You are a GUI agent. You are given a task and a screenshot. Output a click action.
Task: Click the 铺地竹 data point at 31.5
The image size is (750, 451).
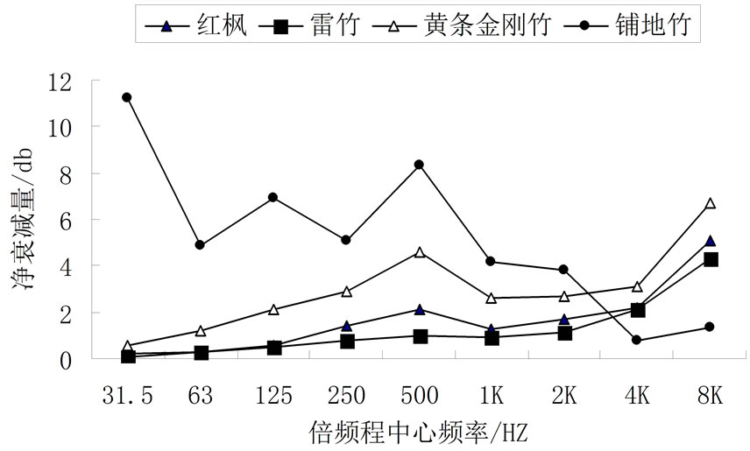[127, 97]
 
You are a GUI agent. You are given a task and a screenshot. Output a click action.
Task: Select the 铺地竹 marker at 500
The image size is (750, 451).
[419, 165]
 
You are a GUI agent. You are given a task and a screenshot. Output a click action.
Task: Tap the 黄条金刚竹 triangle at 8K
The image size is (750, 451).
[711, 203]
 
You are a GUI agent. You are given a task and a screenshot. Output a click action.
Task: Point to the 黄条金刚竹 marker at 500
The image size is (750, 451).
[419, 252]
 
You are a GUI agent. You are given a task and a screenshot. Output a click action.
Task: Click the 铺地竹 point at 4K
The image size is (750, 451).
[636, 340]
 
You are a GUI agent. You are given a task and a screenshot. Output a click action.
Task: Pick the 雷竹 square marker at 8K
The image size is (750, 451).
[711, 259]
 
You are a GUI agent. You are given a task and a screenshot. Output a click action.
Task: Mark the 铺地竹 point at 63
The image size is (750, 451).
[201, 244]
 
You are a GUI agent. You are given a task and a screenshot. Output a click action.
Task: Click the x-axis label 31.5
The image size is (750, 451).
[128, 395]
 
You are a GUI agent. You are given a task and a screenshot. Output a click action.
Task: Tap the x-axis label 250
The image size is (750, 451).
[346, 395]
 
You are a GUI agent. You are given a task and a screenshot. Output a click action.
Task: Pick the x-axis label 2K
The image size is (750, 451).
[563, 395]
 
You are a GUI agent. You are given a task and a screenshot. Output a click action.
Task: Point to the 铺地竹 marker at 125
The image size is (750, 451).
[273, 197]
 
